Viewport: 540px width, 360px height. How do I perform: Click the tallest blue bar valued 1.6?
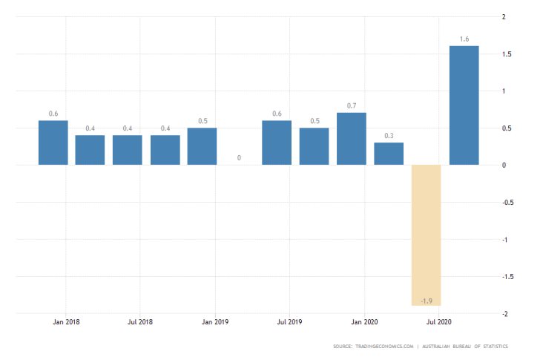(464, 105)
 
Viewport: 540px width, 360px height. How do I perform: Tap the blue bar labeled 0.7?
(352, 139)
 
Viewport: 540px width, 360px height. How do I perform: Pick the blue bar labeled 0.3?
(389, 154)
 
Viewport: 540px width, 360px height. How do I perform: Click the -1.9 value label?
(426, 300)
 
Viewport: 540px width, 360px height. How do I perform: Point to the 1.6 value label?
(464, 39)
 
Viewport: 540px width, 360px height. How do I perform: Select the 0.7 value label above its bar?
(352, 106)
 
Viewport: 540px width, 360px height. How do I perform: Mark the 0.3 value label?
(389, 136)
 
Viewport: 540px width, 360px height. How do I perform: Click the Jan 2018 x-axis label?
(66, 323)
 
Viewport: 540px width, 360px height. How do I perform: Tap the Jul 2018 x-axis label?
(140, 323)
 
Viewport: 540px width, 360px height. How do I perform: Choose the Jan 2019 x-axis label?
(215, 323)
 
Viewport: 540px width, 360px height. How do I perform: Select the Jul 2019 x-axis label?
(289, 323)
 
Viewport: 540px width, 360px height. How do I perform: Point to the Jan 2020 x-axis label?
(364, 323)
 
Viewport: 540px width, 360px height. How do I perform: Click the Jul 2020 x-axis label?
(438, 323)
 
